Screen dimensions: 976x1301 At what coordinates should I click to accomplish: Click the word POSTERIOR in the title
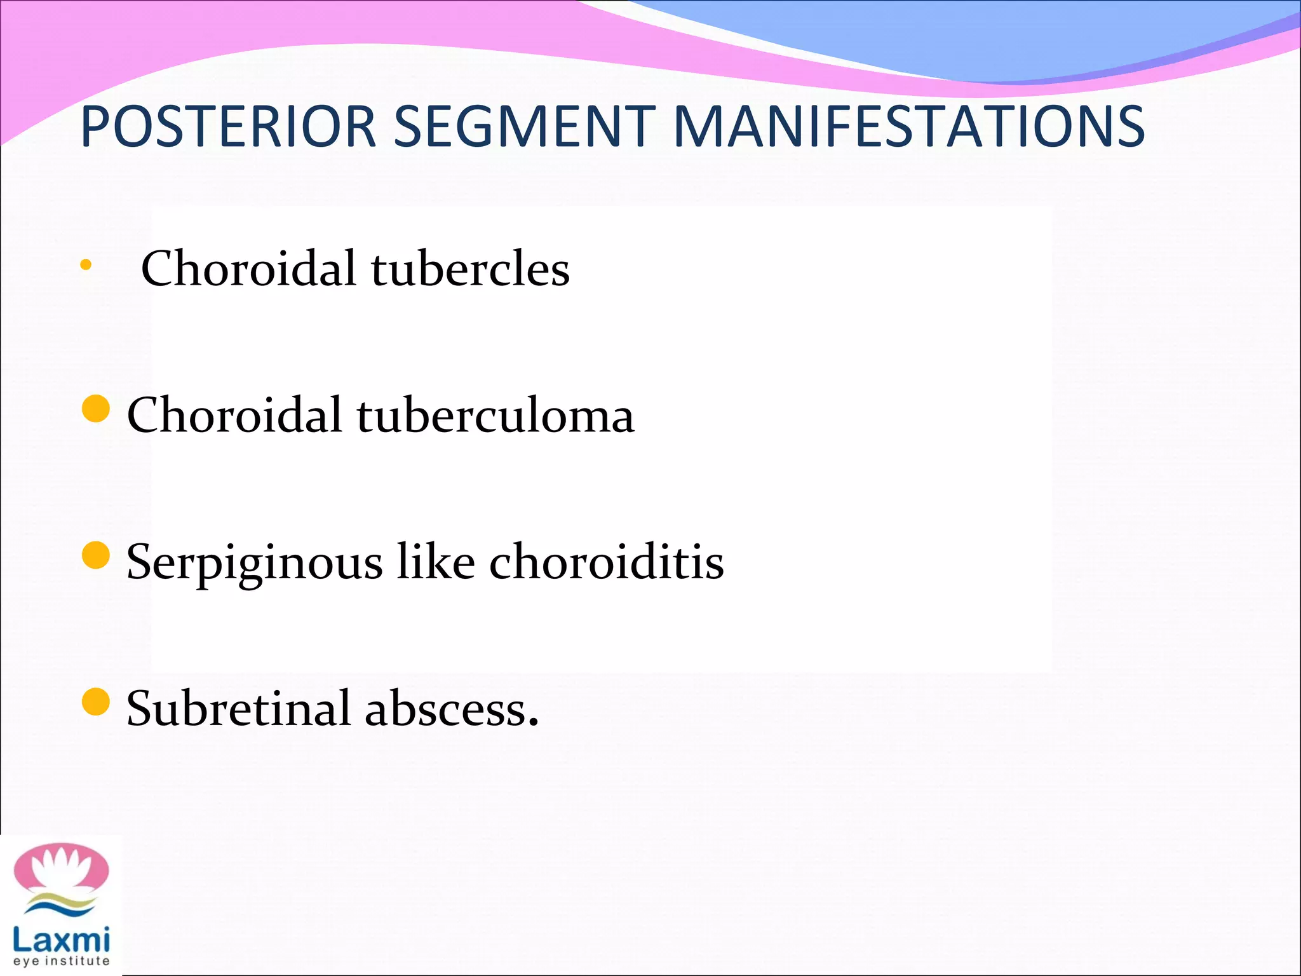pos(229,126)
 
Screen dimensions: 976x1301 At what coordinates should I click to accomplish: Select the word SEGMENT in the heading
pos(524,126)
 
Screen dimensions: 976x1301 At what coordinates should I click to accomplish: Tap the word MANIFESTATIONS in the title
pos(908,126)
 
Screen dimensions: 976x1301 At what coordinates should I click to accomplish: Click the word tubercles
pos(470,269)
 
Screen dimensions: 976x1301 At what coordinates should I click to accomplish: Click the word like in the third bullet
pos(436,562)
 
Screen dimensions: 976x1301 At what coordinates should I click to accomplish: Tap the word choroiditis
pos(606,562)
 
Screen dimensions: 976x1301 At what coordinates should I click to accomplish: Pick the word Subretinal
pos(238,708)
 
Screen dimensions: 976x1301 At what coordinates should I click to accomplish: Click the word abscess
pos(451,709)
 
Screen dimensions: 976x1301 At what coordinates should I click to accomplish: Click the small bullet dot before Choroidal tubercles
pos(86,265)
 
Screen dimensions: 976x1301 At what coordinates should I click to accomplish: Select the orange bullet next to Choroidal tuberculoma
pos(96,409)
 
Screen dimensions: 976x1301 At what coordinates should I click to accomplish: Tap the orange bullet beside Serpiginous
pos(96,555)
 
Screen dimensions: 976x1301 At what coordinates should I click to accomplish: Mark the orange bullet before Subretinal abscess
pos(96,701)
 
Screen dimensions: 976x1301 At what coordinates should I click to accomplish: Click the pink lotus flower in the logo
pos(62,871)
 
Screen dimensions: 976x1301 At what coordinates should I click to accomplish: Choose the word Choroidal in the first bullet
pos(248,269)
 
